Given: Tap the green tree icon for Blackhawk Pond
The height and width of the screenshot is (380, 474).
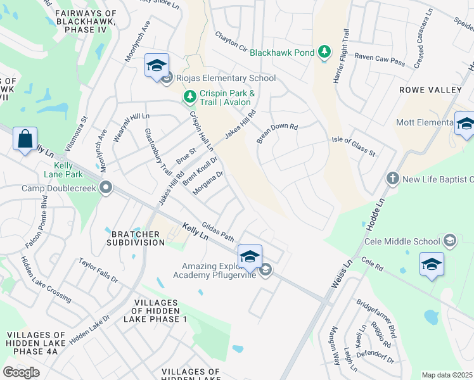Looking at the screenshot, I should pos(324,51).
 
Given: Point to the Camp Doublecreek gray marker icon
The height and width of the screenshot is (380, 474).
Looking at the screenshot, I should pos(105,188).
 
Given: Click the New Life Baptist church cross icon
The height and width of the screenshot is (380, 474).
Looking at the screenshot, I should pos(392,179).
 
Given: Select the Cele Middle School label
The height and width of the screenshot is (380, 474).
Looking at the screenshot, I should pos(402,241).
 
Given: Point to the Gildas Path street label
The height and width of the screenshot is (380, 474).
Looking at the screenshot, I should pos(218,232).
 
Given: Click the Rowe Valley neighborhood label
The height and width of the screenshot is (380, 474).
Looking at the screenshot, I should pos(430,90).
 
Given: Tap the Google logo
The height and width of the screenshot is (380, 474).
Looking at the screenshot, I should pos(21,372).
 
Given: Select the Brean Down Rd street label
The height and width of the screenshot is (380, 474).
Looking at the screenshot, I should pos(277,132).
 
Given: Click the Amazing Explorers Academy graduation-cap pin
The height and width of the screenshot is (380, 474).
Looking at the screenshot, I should pos(250,256).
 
